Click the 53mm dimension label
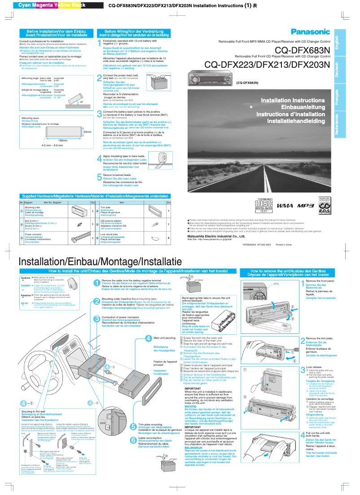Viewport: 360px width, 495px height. [87, 132]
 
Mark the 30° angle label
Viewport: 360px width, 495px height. [81, 102]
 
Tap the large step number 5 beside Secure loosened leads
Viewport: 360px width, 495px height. [100, 177]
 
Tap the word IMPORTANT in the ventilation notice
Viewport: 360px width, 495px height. [192, 389]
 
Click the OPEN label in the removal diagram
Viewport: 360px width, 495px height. [301, 284]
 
